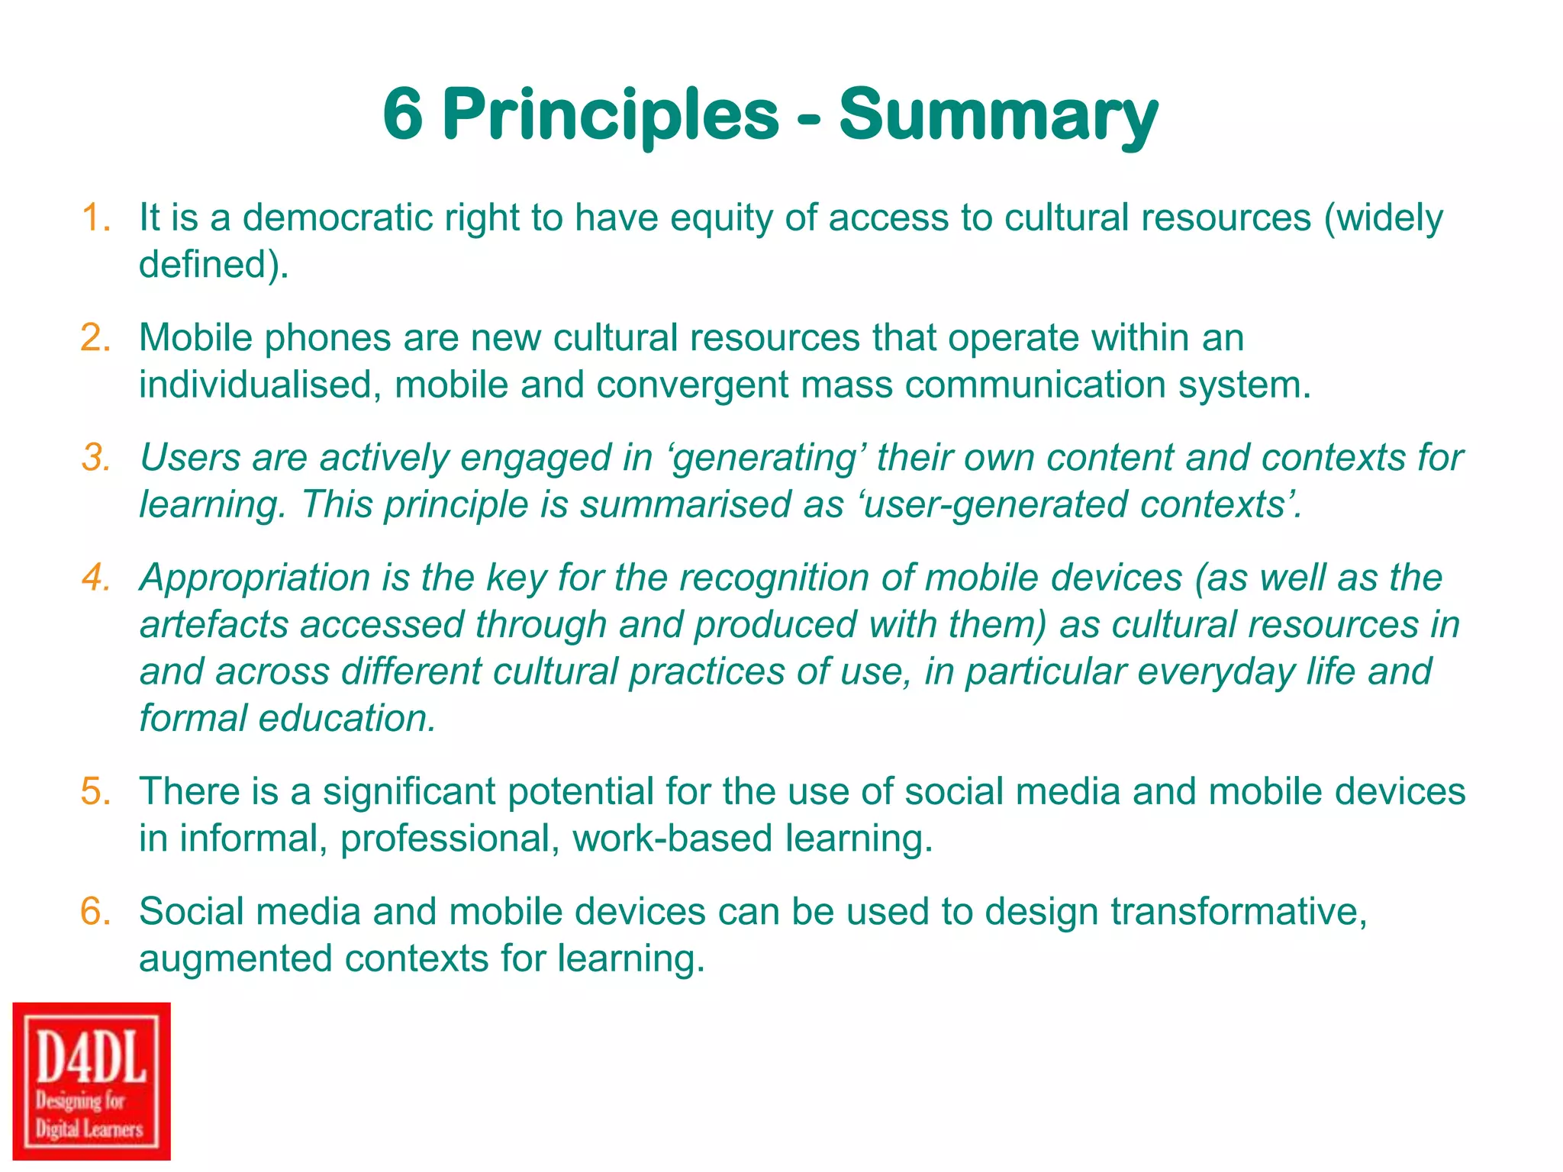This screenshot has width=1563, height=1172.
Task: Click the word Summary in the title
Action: [x=997, y=116]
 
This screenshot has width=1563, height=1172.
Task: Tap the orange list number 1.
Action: [x=96, y=218]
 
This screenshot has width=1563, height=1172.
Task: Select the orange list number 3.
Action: [x=96, y=459]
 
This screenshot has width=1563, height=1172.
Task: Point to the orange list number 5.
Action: [x=96, y=792]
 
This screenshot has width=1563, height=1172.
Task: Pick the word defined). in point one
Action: [x=214, y=265]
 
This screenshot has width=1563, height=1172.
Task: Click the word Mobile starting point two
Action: [x=195, y=338]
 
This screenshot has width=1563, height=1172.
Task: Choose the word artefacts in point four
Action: [x=214, y=625]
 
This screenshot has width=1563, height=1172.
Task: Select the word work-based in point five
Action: [x=672, y=839]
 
